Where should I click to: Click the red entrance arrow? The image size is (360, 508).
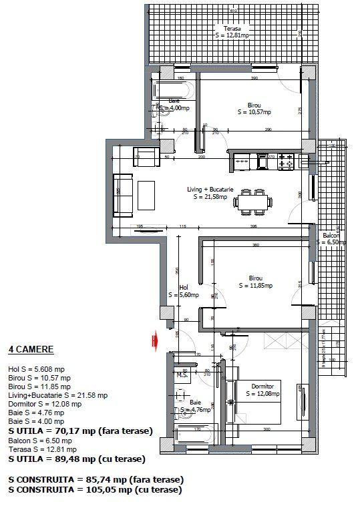[x=154, y=341]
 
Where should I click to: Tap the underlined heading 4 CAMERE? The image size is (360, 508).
[x=31, y=349]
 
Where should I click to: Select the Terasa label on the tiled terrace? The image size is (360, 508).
[x=232, y=32]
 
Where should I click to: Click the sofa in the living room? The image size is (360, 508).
[x=124, y=196]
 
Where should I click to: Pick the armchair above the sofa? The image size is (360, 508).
[x=146, y=158]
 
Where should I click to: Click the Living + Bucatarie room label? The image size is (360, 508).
[x=210, y=193]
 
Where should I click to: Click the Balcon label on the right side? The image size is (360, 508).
[x=332, y=239]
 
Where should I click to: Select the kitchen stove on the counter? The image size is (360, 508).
[x=286, y=160]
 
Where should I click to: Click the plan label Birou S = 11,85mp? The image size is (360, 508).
[x=255, y=282]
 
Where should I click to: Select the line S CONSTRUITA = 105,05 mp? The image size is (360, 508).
[x=94, y=489]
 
